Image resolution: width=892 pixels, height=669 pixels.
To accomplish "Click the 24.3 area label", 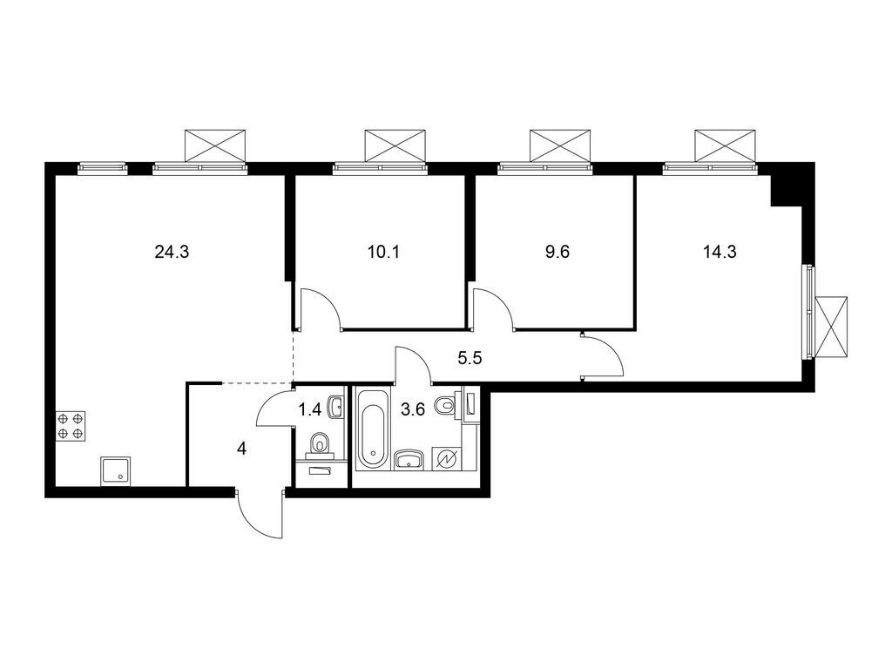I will point(172,253).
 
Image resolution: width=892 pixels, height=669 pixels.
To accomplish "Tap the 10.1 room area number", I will point(384,253).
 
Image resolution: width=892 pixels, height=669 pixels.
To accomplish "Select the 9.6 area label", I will point(556,253).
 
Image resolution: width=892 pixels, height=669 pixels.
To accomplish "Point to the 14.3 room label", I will point(720,253).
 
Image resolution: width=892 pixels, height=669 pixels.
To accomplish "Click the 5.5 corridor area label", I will point(471,356).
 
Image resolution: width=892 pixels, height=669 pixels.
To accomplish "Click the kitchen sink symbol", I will point(116,471).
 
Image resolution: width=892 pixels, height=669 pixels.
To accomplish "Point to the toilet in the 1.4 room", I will point(321,444).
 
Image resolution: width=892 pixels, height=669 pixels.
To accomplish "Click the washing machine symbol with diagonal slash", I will point(450,458).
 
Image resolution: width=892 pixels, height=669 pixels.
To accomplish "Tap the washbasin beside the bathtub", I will point(408,459).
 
